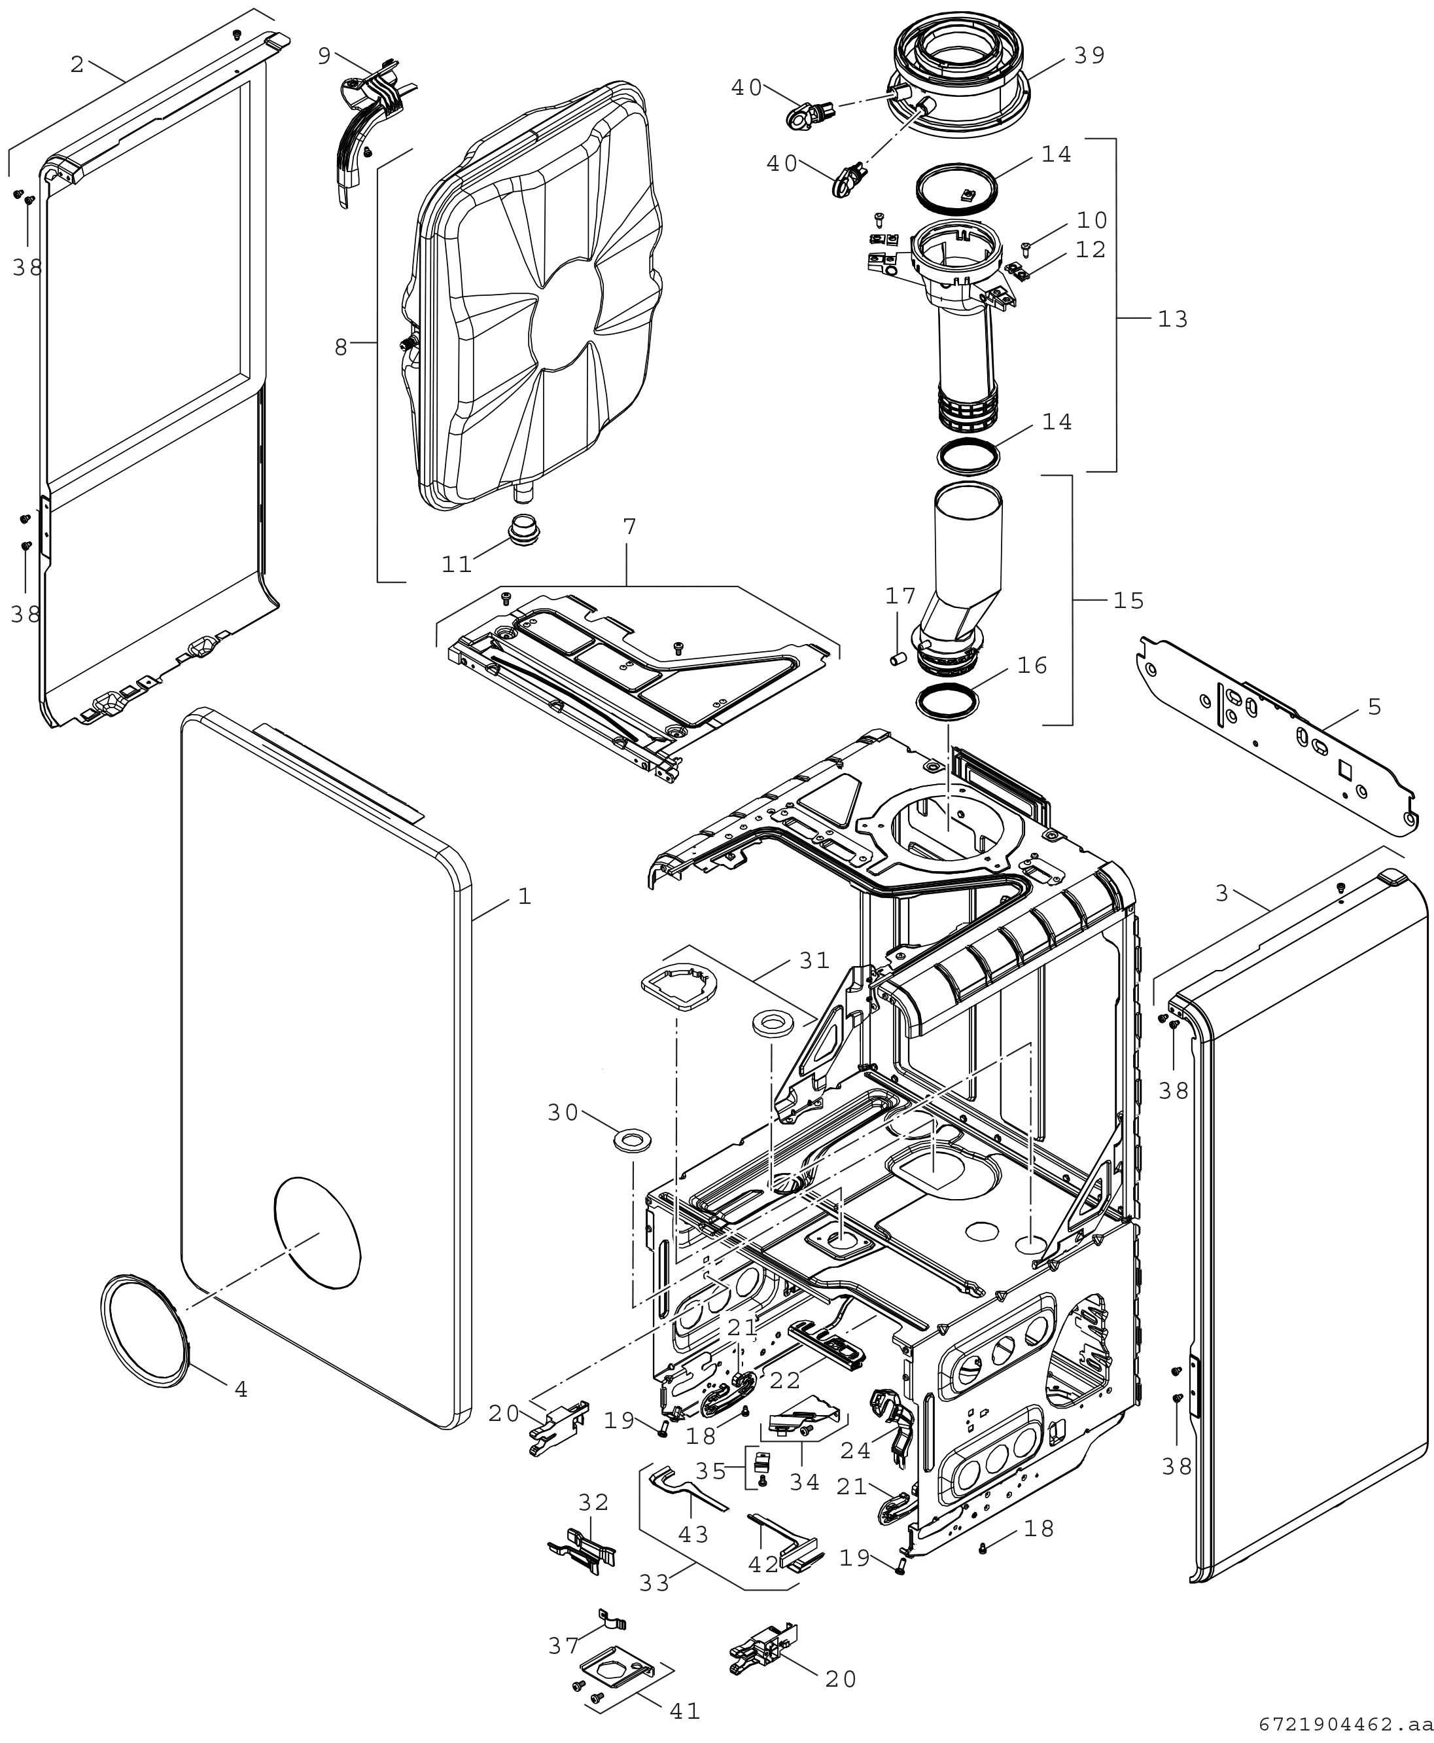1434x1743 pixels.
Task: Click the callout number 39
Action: tap(1089, 56)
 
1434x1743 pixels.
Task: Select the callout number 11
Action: tap(456, 564)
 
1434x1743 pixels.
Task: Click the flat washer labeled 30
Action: tap(632, 1141)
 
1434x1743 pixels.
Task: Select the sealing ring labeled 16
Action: tap(949, 701)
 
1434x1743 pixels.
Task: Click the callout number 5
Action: tap(1374, 707)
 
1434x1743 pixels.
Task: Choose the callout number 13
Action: tap(1172, 319)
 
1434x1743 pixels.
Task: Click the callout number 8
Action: tap(341, 347)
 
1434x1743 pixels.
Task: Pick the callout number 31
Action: tap(814, 960)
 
